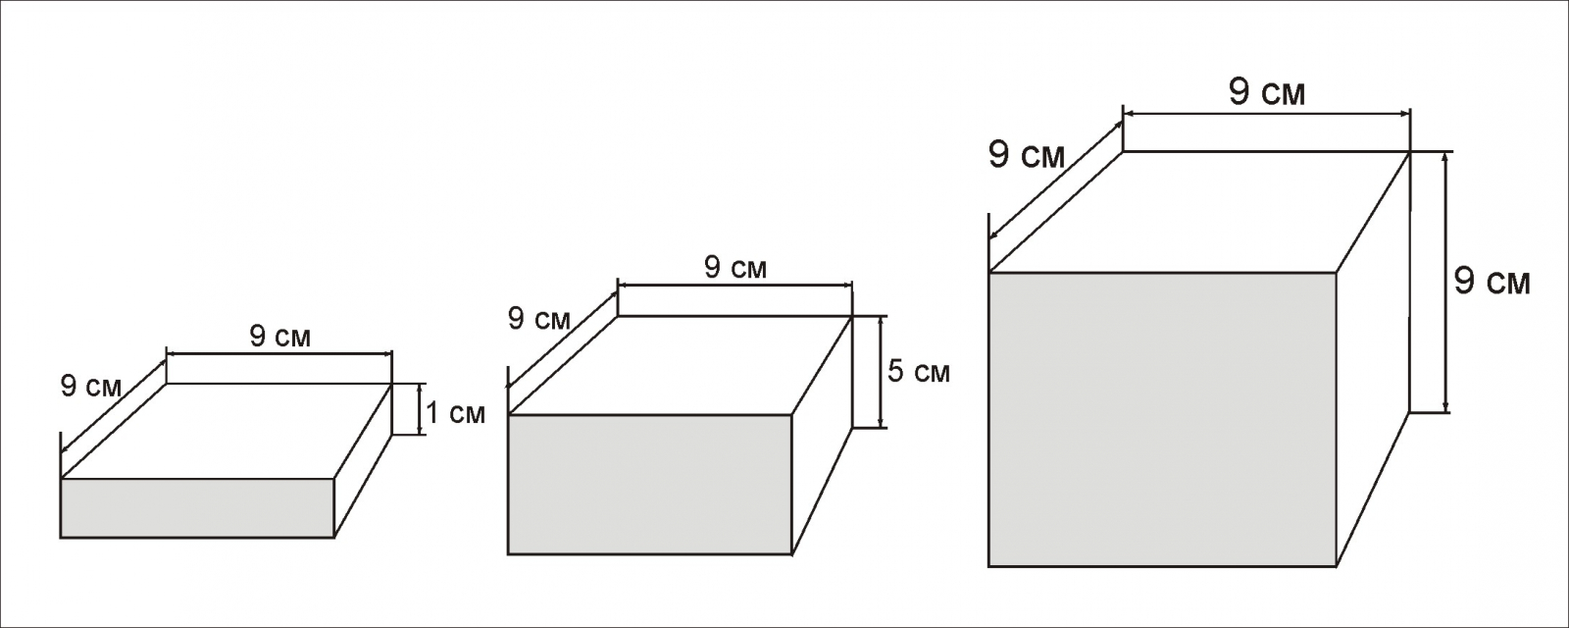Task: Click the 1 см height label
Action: click(x=454, y=414)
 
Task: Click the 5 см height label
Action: click(x=918, y=373)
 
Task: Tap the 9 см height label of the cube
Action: click(x=1491, y=283)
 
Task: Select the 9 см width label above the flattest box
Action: click(x=279, y=337)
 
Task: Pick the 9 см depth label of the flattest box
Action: click(x=91, y=387)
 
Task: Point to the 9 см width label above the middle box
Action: click(x=735, y=267)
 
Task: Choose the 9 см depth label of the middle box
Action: click(x=538, y=319)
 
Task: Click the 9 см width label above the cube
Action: click(x=1266, y=93)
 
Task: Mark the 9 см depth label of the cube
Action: click(x=1026, y=156)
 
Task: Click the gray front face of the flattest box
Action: click(x=197, y=508)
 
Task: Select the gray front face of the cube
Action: click(x=1162, y=419)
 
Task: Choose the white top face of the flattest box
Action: click(x=227, y=430)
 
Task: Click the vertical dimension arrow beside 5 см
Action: click(x=883, y=372)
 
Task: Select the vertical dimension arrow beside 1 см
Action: click(x=421, y=408)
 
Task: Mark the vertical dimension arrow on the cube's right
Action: click(x=1445, y=283)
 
